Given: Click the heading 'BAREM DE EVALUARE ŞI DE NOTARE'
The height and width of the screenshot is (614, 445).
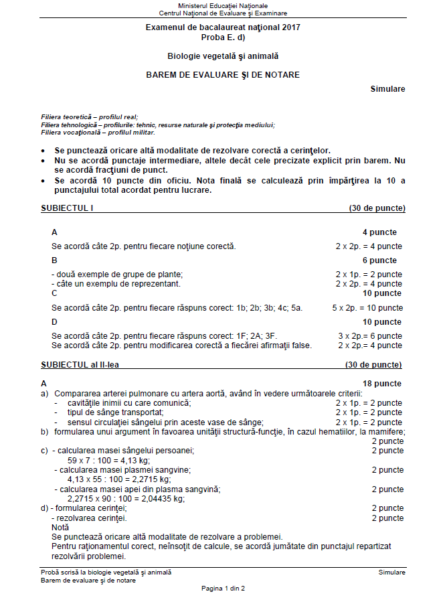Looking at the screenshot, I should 223,75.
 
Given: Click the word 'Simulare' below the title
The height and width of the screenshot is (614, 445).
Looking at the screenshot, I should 387,89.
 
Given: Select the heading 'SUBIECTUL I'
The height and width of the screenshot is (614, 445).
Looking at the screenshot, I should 67,208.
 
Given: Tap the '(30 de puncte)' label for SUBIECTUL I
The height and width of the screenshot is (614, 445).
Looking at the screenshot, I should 377,208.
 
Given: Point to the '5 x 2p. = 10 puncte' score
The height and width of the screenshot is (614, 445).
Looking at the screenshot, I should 367,308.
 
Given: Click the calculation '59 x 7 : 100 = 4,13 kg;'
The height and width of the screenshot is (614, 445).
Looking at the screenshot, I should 108,461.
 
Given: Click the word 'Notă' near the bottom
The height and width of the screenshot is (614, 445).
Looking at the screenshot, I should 60,528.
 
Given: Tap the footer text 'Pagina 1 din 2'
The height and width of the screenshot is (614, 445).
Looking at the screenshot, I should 223,588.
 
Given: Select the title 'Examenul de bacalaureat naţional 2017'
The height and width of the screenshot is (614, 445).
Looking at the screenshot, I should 223,27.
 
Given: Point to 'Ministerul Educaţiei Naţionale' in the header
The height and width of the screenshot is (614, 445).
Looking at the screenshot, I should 223,5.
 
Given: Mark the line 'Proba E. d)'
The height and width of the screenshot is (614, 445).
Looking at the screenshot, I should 223,37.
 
